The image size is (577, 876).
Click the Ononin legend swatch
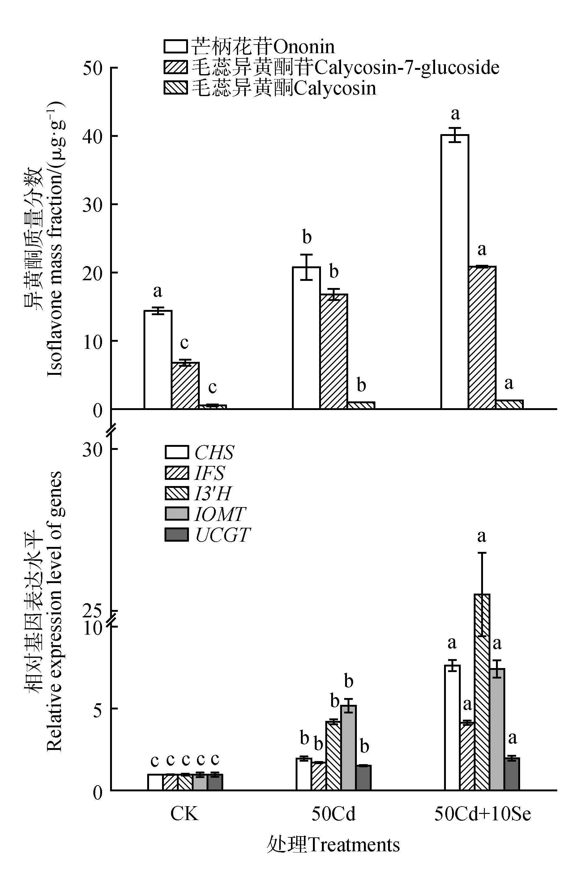tap(176, 47)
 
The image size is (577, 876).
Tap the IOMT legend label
tap(220, 514)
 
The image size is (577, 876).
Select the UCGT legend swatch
tap(176, 535)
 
